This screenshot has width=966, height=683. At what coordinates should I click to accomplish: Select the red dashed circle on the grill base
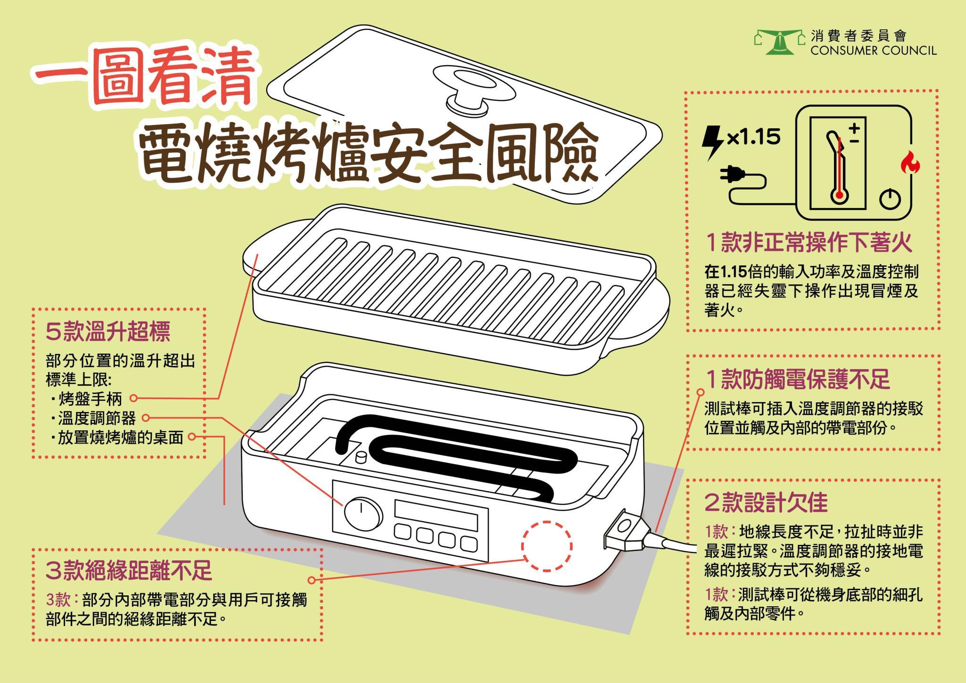547,546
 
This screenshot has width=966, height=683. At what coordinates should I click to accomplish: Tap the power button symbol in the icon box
890,198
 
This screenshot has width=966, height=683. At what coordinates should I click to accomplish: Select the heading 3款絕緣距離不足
129,571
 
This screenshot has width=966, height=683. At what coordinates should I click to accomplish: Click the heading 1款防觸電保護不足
797,379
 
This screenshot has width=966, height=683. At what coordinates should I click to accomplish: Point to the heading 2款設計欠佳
766,502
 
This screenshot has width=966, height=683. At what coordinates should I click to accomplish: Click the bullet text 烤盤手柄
90,399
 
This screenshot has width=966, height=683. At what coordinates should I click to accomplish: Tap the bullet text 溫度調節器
97,418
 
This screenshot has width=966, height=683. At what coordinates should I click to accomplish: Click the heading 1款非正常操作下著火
809,243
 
